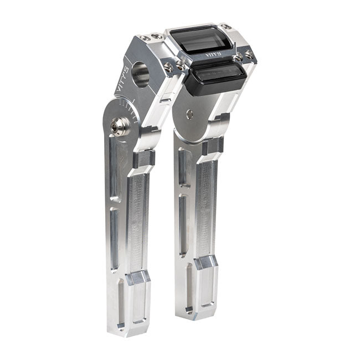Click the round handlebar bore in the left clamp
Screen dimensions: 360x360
[141, 74]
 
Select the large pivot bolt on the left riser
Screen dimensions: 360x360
[117, 126]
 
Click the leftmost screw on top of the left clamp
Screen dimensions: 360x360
[143, 38]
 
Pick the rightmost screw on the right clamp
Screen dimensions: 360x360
[248, 53]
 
